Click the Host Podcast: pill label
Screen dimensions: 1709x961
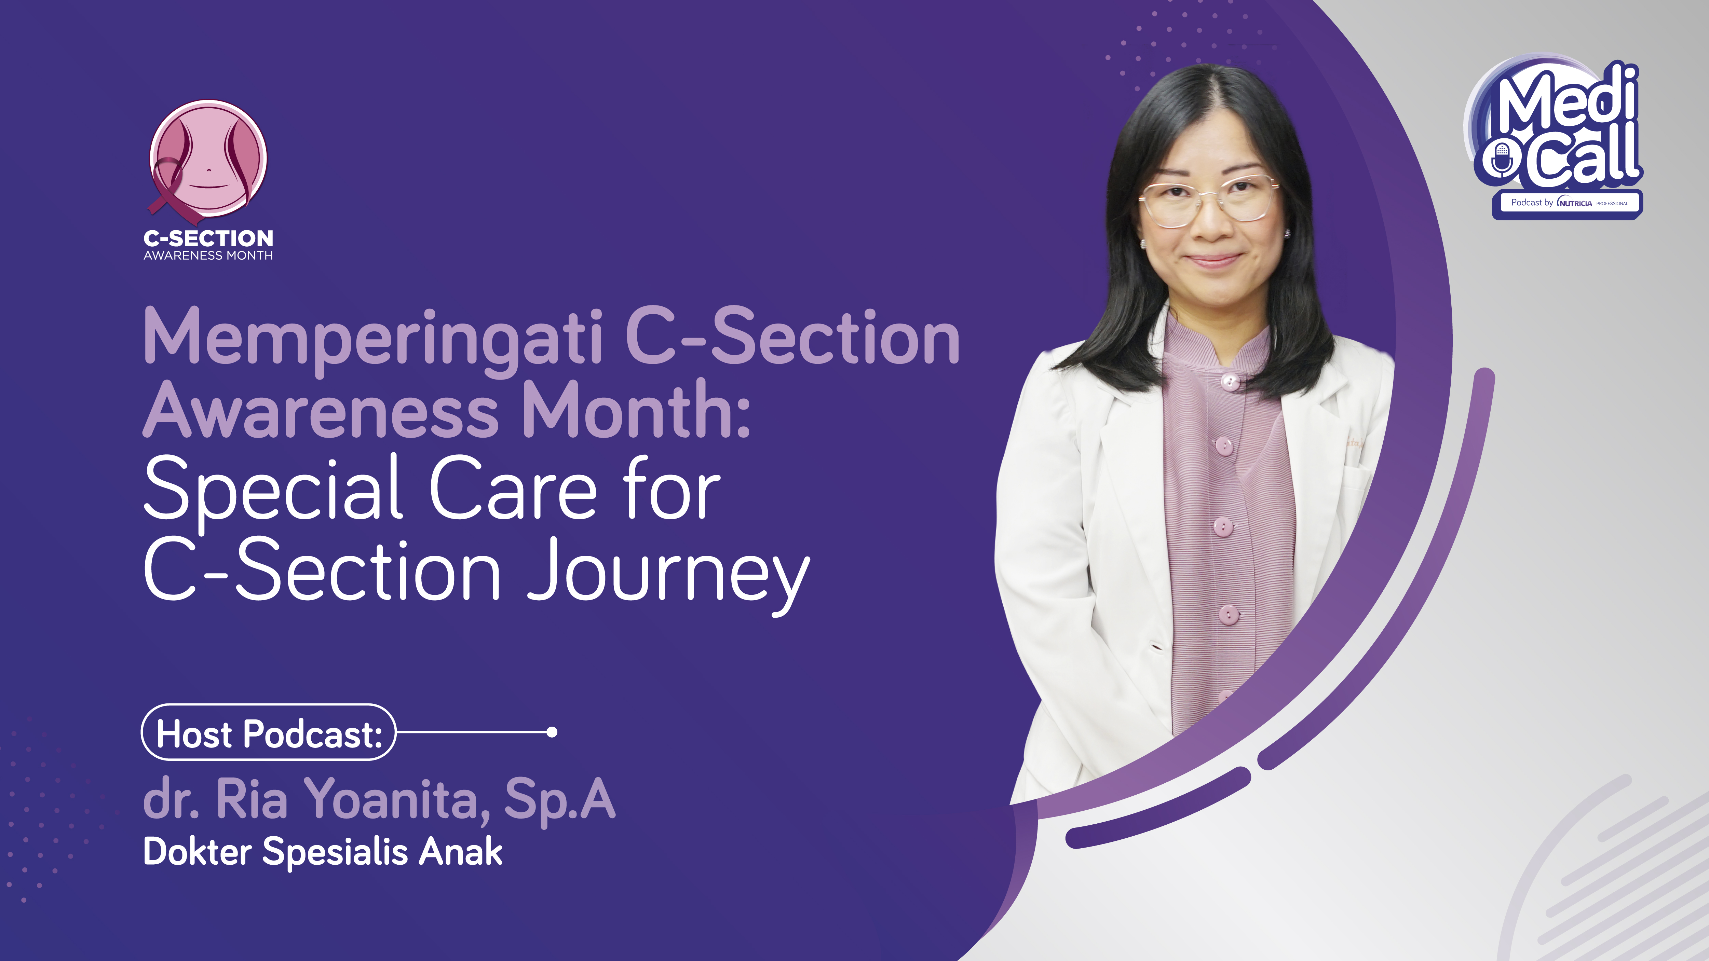click(x=269, y=732)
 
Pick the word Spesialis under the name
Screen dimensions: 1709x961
click(x=335, y=852)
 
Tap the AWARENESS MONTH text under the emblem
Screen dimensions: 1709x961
click(x=208, y=255)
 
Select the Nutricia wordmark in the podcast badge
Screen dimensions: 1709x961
click(x=1575, y=203)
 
